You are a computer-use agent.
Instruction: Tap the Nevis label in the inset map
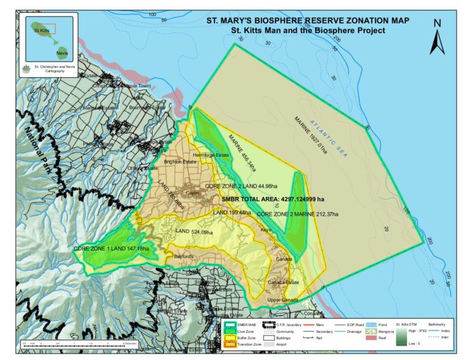[x=61, y=53]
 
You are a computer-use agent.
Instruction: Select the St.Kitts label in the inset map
[x=42, y=30]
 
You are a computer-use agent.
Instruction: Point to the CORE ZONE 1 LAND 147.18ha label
[x=112, y=249]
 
